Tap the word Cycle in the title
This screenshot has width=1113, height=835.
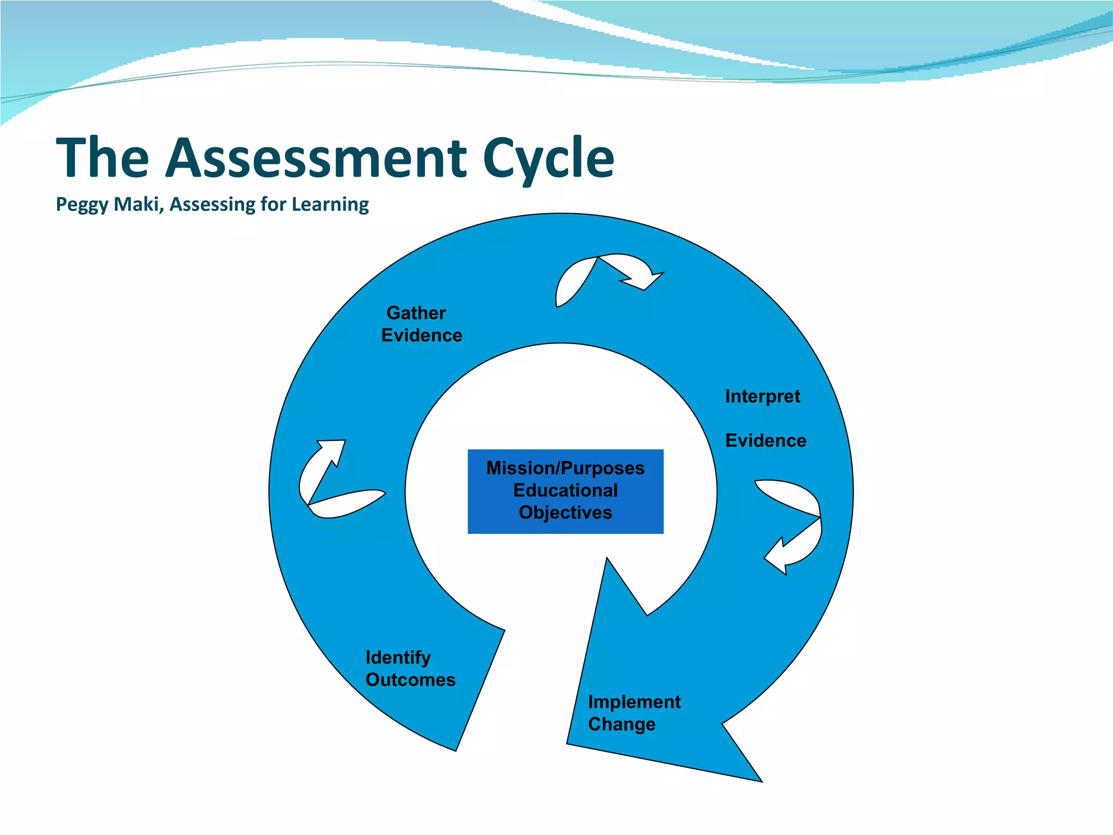pyautogui.click(x=548, y=159)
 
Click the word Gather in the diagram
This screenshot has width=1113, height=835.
pyautogui.click(x=416, y=313)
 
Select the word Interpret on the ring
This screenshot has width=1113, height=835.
pyautogui.click(x=762, y=397)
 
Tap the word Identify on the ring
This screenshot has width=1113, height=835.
pyautogui.click(x=398, y=658)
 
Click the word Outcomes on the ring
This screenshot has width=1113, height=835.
pyautogui.click(x=410, y=680)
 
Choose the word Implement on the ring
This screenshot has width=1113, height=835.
pyautogui.click(x=634, y=702)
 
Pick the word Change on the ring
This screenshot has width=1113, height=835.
pyautogui.click(x=622, y=724)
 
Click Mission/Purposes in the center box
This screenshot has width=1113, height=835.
pyautogui.click(x=565, y=468)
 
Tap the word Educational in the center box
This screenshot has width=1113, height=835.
pyautogui.click(x=565, y=490)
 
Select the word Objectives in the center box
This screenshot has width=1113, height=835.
pyautogui.click(x=565, y=513)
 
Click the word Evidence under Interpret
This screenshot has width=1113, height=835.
pyautogui.click(x=766, y=441)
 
